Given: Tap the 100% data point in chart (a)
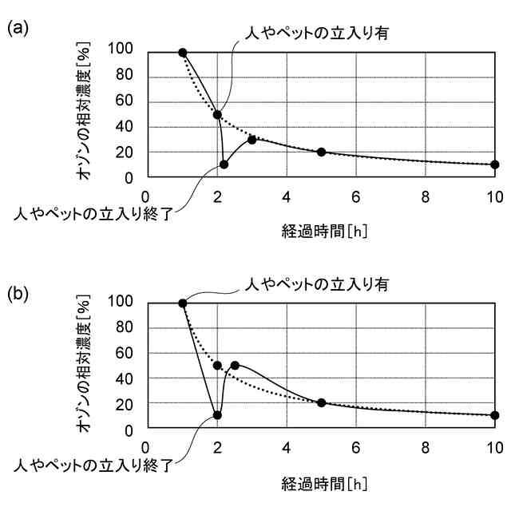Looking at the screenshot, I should (183, 53).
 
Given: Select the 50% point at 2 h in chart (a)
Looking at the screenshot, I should (217, 114).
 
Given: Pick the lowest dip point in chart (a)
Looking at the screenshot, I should (224, 164).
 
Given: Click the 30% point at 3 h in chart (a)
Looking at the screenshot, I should (252, 139).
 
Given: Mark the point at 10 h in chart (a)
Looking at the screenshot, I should (495, 164).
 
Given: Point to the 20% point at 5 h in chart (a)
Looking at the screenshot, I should (322, 152).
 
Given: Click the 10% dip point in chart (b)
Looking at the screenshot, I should (217, 415).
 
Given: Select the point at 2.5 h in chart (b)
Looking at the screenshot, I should (235, 366).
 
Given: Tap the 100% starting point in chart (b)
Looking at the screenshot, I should (183, 303).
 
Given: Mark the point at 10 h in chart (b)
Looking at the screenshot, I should (495, 415).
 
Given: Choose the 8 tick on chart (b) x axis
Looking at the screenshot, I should (425, 446).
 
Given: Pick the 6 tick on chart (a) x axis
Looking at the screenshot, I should (355, 195).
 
